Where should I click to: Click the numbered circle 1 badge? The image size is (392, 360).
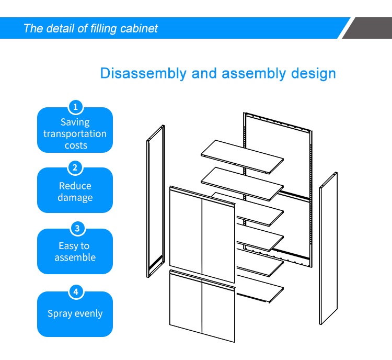[x=75, y=107]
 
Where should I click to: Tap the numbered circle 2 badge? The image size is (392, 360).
[x=75, y=167]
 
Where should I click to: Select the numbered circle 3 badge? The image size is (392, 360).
[x=77, y=228]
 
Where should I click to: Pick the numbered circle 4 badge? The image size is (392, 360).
[x=76, y=291]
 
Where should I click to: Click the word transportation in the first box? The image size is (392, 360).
[x=75, y=133]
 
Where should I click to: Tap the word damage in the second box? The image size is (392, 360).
[x=75, y=197]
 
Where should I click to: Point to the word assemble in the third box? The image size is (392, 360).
[x=75, y=257]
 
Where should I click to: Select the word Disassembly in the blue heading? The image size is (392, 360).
[x=143, y=73]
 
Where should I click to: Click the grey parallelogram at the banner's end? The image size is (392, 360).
[x=367, y=28]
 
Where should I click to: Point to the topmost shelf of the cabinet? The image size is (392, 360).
[x=242, y=157]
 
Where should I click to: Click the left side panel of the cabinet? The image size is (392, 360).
[x=156, y=201]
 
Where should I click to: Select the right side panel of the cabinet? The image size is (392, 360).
[x=328, y=249]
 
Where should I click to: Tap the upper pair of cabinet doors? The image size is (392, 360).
[x=202, y=234]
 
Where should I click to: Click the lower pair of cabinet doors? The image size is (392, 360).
[x=202, y=306]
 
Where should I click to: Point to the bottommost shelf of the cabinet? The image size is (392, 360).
[x=260, y=289]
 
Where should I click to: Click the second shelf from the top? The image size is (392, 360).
[x=242, y=184]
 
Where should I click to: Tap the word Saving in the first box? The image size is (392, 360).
[x=75, y=122]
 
